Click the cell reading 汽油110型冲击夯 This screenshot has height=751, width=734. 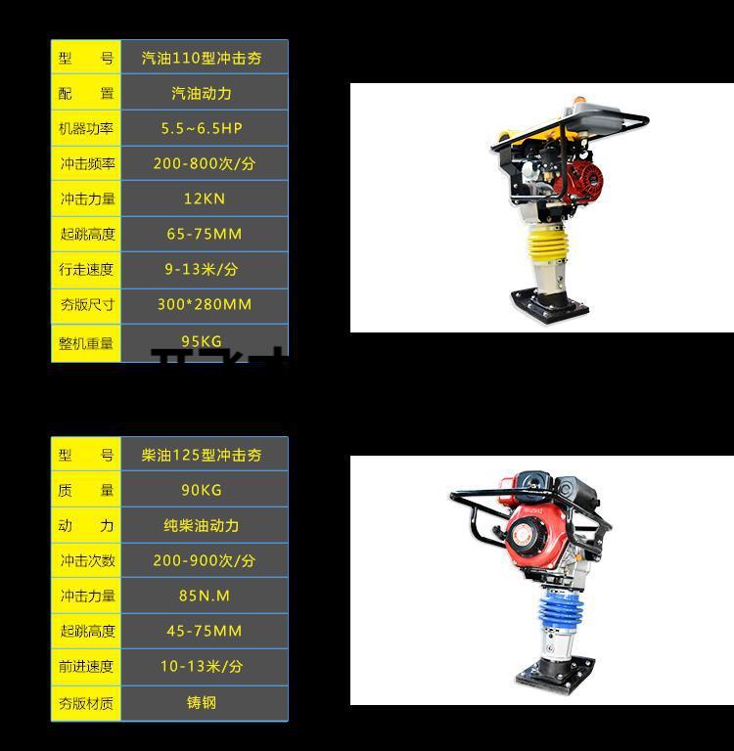click(204, 58)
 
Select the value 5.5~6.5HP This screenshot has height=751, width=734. click(204, 128)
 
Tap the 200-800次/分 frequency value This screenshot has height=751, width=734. click(204, 163)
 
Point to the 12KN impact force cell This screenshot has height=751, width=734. click(204, 199)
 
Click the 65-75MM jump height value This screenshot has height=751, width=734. click(204, 234)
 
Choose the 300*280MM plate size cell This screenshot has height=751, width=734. click(204, 304)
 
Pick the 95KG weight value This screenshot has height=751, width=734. click(204, 341)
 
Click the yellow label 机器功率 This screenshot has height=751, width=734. click(86, 128)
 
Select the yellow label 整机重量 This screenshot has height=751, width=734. click(86, 342)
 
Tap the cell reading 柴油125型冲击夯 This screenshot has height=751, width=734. click(204, 455)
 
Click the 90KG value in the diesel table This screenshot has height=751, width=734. click(204, 490)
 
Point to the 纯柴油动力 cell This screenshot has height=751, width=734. click(204, 525)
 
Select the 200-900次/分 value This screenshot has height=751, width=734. click(204, 560)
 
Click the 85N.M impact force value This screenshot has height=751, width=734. click(204, 596)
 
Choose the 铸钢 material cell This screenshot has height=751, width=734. click(204, 702)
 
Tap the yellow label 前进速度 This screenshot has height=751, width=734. click(86, 666)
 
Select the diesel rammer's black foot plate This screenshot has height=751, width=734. click(554, 673)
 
